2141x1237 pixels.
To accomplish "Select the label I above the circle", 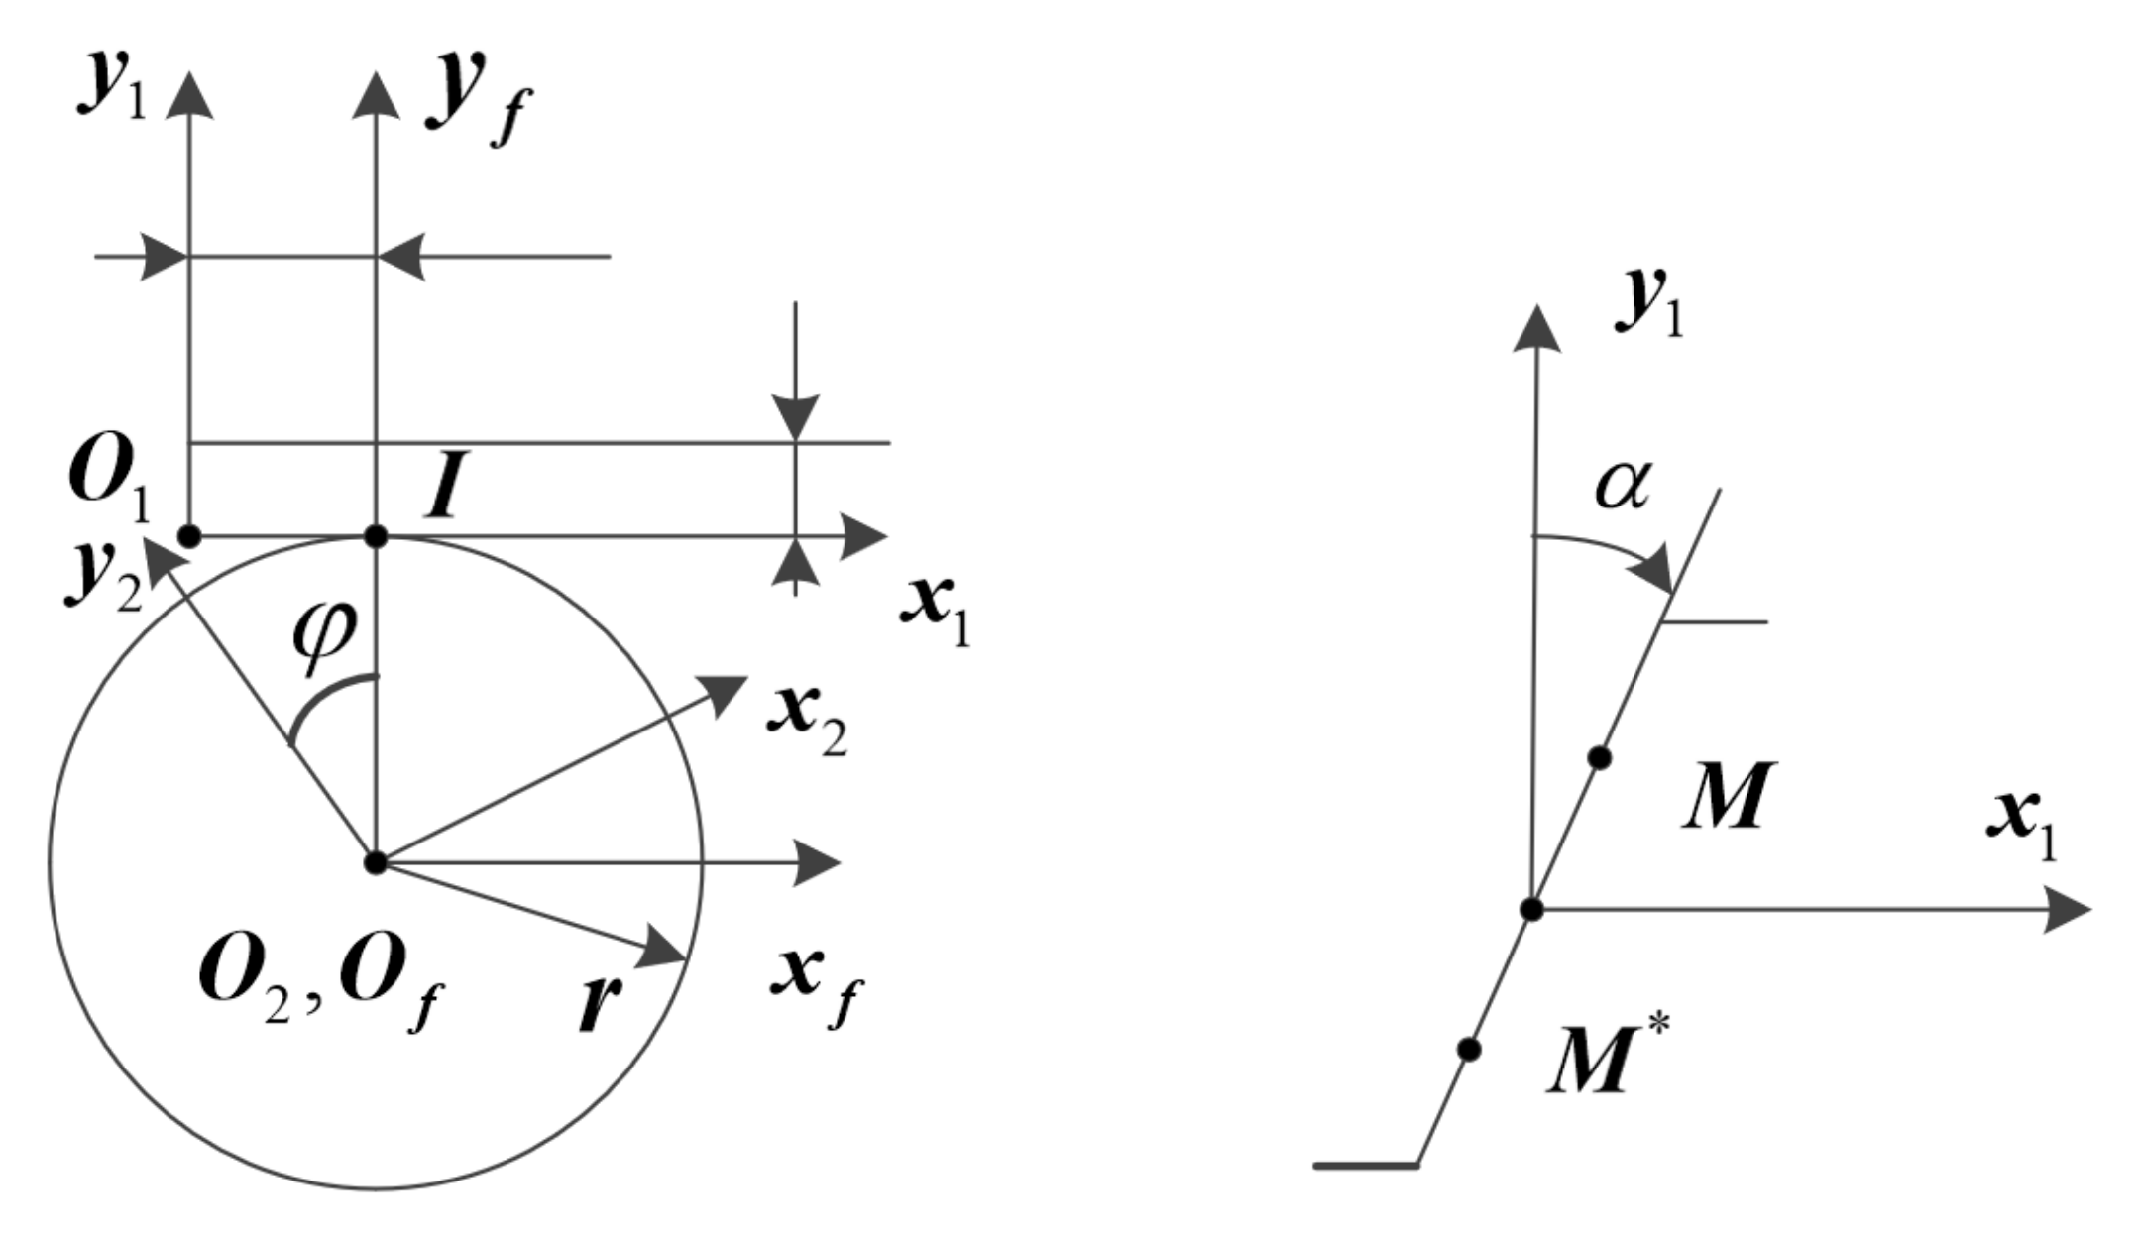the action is tap(445, 489).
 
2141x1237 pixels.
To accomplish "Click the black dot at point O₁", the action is tap(189, 537).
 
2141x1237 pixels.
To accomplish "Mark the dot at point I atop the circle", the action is tap(376, 537).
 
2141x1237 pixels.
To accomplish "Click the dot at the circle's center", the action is tap(375, 862).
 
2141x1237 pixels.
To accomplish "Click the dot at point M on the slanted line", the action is tap(1599, 758).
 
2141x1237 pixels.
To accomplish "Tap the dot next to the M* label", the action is tap(1470, 1049).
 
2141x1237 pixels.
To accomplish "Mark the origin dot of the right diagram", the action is tap(1532, 909).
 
